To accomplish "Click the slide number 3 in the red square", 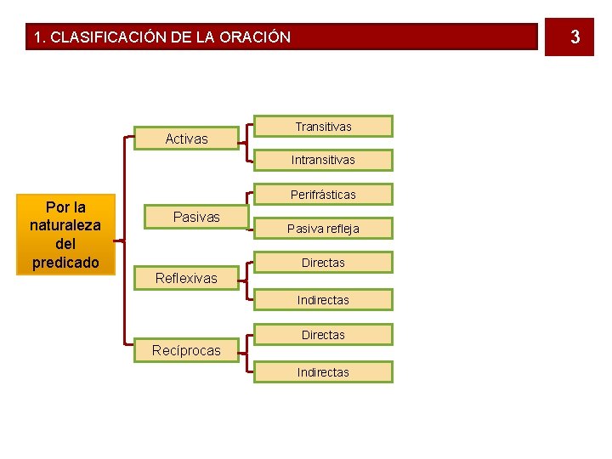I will [x=575, y=37].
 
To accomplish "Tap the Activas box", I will [x=186, y=139].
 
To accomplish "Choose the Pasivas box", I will [x=196, y=217].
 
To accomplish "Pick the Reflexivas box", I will [x=186, y=278].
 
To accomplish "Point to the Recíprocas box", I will [x=186, y=350].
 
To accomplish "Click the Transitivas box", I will [x=323, y=127].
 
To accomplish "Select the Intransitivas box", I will [x=323, y=160].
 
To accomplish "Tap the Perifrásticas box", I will [x=323, y=195].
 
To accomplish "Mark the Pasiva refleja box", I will [x=323, y=229].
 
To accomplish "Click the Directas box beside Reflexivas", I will [x=323, y=263].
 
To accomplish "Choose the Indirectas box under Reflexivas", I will [x=323, y=300].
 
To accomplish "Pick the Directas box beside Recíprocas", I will [x=323, y=335].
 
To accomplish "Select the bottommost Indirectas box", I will [x=323, y=372].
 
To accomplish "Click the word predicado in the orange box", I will [x=65, y=262].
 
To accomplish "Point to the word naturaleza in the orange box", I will [x=65, y=225].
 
